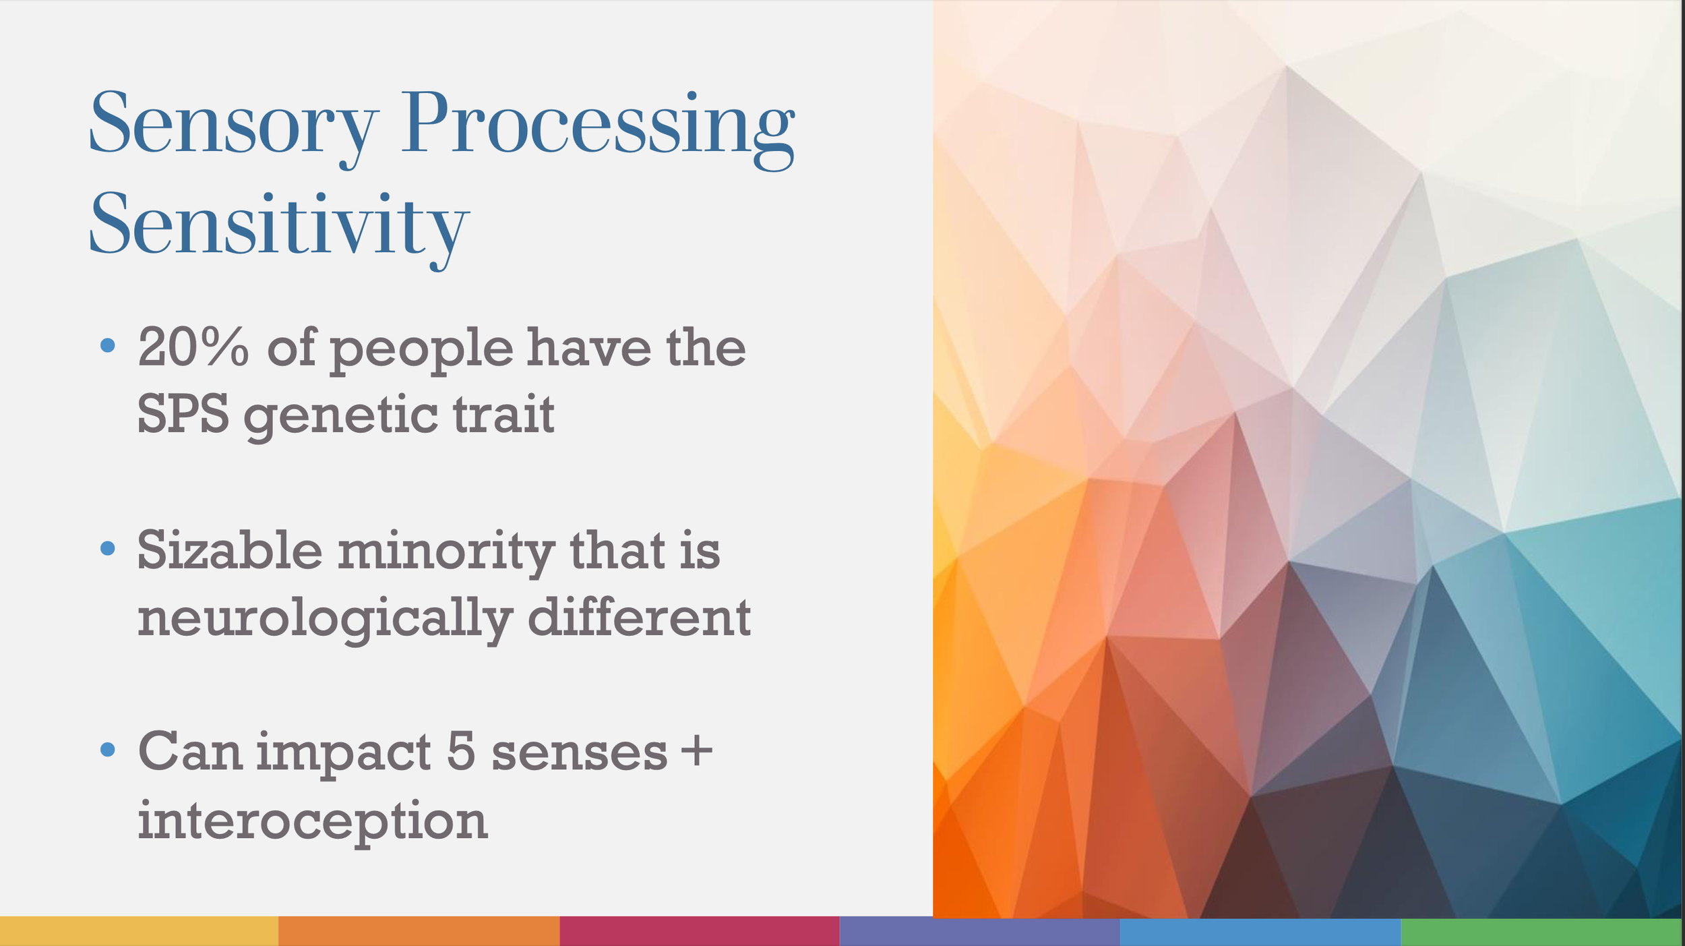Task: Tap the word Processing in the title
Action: click(x=597, y=125)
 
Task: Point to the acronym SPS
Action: click(x=182, y=414)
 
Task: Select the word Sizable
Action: click(x=230, y=550)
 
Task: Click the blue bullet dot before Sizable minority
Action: click(x=107, y=548)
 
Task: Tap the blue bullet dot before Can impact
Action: click(x=107, y=749)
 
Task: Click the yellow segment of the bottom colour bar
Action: click(x=138, y=931)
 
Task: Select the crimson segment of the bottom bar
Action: click(x=699, y=931)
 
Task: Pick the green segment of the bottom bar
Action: click(x=1541, y=931)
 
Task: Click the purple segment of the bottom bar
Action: click(x=979, y=931)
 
